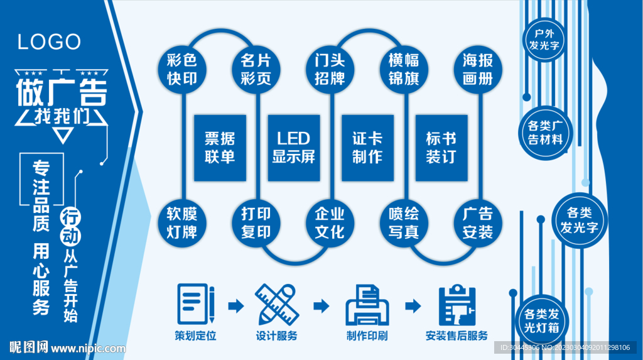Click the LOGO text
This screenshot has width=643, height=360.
(49, 42)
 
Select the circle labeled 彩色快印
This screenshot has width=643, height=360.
(182, 69)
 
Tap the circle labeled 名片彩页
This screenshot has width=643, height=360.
(256, 69)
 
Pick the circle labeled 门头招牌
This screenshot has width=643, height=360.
(330, 69)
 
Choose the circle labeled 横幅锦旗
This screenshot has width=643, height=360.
(404, 69)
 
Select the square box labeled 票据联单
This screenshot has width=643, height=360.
(219, 147)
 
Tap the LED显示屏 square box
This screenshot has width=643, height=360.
(293, 147)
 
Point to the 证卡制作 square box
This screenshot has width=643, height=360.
(367, 147)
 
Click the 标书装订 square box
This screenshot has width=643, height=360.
(441, 147)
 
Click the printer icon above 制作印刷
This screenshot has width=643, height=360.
(367, 304)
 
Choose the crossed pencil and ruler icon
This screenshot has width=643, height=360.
(277, 304)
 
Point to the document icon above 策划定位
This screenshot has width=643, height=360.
(195, 304)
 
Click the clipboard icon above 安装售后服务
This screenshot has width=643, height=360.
(457, 304)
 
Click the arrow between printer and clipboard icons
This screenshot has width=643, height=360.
(413, 306)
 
